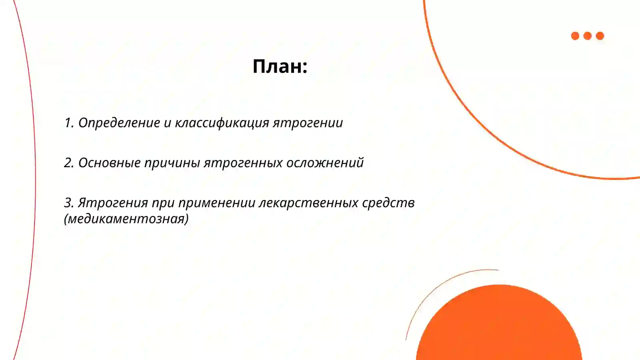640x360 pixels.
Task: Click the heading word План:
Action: tap(280, 66)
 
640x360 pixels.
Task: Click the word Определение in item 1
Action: tap(119, 123)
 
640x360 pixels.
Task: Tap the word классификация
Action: tap(222, 123)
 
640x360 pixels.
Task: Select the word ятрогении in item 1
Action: tap(308, 123)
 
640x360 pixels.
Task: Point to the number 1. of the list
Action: tap(69, 123)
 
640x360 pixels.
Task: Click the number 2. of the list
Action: tap(69, 163)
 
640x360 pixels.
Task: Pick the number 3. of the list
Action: tap(69, 203)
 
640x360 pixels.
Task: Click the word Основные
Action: tap(109, 163)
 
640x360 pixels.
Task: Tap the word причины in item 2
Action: tap(172, 163)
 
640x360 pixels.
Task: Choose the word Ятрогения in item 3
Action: tap(113, 203)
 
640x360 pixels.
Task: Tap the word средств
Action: tap(388, 203)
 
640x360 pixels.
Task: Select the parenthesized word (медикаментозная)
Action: tap(126, 219)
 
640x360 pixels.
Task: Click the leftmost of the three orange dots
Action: tap(575, 36)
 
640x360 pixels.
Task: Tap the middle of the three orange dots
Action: tap(588, 36)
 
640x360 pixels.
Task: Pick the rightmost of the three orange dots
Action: tap(600, 36)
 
